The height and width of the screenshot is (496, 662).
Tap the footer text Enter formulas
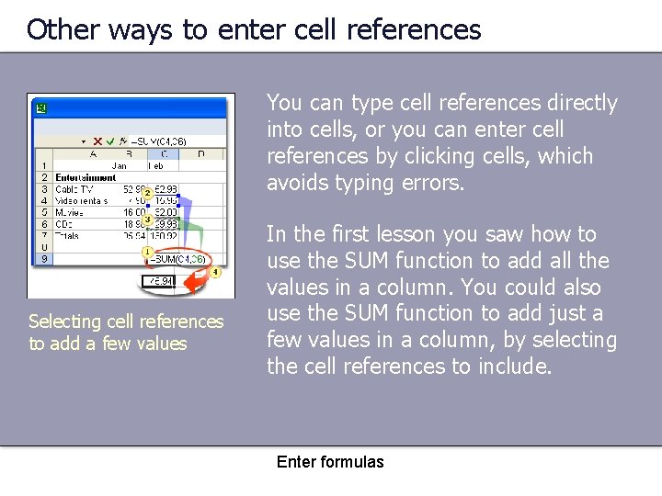pos(330,462)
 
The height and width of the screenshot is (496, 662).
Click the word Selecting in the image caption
pos(64,321)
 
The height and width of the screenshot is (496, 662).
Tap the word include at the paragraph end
pos(513,366)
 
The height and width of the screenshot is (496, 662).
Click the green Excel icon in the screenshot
pos(40,108)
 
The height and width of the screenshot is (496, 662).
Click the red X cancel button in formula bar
pos(97,141)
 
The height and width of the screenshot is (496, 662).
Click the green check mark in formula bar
pos(109,141)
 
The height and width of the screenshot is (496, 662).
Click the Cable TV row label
pos(71,189)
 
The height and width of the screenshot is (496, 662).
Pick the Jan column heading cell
pos(120,166)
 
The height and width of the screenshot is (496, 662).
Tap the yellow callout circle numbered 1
pos(147,251)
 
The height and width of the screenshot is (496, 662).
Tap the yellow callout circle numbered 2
pos(147,192)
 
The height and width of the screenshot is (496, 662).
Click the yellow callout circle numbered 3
pos(147,220)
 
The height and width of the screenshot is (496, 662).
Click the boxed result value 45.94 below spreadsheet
pos(160,281)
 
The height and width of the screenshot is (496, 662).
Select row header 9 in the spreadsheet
pos(43,259)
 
